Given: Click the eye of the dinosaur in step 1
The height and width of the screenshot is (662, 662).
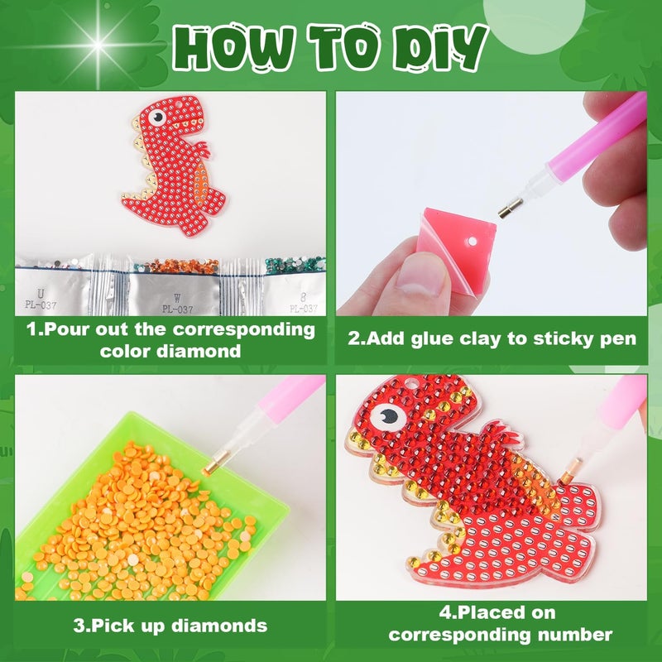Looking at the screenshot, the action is (x=157, y=117).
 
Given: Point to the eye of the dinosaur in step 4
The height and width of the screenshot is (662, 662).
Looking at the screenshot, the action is (x=388, y=417).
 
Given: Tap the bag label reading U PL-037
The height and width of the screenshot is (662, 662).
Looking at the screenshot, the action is (x=41, y=299).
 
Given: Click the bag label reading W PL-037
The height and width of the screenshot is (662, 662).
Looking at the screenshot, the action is (x=177, y=304).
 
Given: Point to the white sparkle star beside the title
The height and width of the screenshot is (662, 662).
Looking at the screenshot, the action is (x=97, y=45).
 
